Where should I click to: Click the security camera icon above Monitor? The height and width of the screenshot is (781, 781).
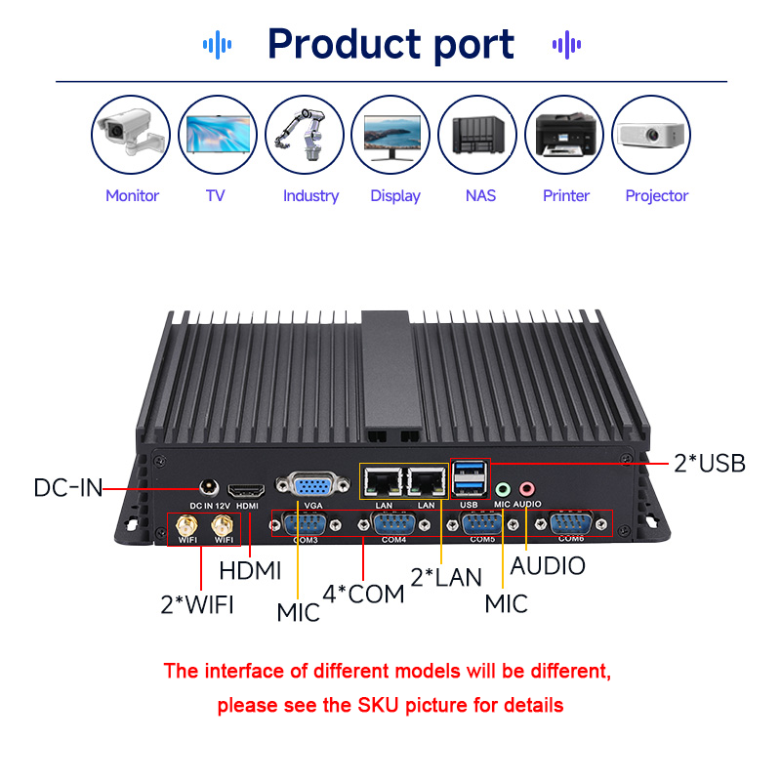pos(131,136)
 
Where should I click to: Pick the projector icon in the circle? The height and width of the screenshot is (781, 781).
pos(650,136)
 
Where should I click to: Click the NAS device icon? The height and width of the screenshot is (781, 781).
pos(477,136)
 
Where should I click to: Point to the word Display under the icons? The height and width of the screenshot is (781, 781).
pos(395,195)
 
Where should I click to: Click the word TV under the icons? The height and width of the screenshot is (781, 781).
pos(216,195)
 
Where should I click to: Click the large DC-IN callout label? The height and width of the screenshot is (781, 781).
pos(68,487)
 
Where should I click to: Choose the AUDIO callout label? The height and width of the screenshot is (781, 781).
pos(548,565)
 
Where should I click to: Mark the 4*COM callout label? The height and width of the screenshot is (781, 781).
pos(363,594)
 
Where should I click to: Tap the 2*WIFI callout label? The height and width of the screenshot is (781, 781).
pos(197,603)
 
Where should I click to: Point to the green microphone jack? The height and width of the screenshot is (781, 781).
pos(503,488)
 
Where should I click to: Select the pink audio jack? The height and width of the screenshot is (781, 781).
pos(527,488)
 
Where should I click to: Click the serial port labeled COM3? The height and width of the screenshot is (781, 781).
pos(307,524)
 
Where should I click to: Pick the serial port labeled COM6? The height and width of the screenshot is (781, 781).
pos(572,524)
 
